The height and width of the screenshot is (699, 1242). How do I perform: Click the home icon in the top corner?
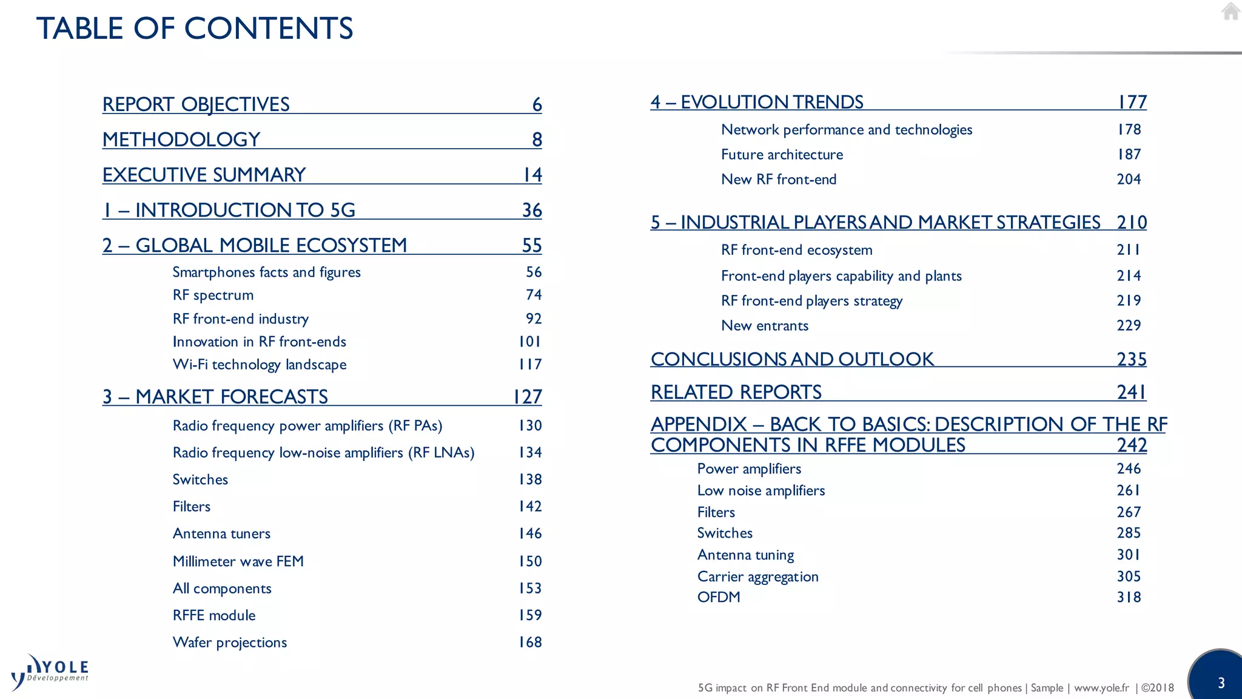(1230, 12)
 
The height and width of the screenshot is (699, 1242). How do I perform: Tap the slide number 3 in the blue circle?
(1221, 683)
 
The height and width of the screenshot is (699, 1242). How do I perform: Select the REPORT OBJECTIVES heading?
(196, 104)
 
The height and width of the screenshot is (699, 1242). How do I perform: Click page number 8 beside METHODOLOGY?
(537, 140)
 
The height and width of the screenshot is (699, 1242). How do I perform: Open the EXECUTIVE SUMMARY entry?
(204, 175)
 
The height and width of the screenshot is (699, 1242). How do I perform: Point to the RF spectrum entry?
(213, 295)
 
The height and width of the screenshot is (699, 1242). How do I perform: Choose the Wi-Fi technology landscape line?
(260, 365)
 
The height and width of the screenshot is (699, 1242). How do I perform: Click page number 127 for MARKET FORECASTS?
(527, 397)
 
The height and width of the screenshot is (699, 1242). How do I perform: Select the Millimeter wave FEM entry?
(238, 561)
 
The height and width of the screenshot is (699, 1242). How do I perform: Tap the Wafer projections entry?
(230, 642)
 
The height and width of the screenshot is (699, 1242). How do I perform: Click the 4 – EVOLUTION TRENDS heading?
(757, 102)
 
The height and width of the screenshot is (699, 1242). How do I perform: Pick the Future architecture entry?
(782, 155)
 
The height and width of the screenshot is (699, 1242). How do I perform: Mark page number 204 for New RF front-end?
(1129, 180)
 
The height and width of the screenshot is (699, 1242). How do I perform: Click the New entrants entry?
(765, 326)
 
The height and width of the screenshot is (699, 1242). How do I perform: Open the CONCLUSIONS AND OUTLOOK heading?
(792, 359)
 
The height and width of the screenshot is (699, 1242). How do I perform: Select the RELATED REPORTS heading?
(736, 393)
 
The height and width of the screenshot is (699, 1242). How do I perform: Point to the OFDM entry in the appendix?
(719, 597)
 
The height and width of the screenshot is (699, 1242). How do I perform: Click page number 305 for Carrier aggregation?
(1129, 576)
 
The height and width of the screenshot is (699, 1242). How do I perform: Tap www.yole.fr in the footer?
(1101, 688)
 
